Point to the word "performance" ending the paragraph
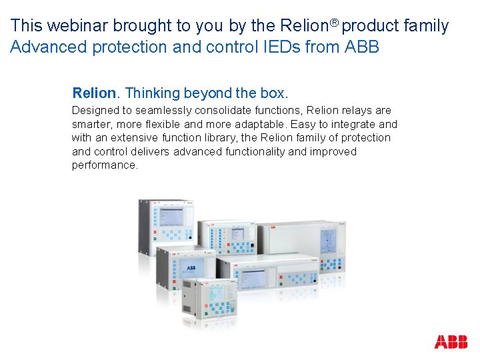pos(104,165)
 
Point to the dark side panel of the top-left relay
pos(143,227)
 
